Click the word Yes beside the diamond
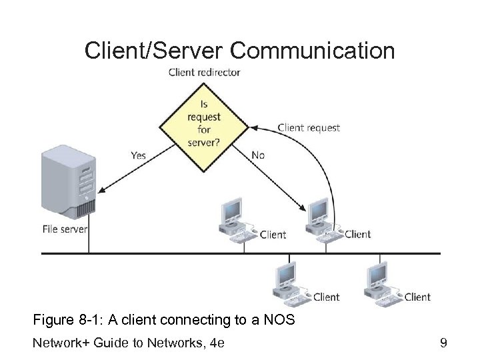tap(138, 155)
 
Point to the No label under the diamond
tap(258, 155)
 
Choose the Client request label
tap(308, 127)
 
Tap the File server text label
tap(65, 229)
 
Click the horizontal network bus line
tap(240, 253)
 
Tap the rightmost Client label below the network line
tap(417, 297)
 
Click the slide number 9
tap(442, 344)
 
